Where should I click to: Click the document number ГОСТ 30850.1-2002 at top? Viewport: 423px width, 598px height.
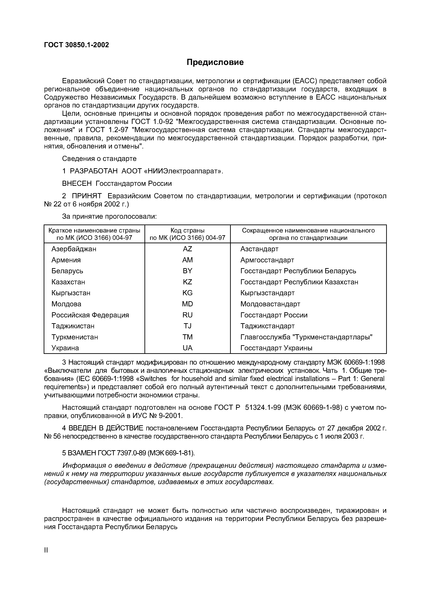pyautogui.click(x=76, y=45)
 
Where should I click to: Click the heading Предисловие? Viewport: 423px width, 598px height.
pyautogui.click(x=215, y=62)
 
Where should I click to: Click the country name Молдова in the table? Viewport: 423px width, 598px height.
pyautogui.click(x=66, y=304)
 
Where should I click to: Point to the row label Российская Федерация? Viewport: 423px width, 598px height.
pyautogui.click(x=90, y=315)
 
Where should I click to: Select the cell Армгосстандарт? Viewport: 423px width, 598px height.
pyautogui.click(x=267, y=260)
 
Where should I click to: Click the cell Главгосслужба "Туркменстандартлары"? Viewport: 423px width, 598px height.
pyautogui.click(x=306, y=337)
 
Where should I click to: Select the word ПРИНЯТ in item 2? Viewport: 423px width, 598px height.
pyautogui.click(x=87, y=196)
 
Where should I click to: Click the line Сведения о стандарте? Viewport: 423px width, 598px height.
pyautogui.click(x=99, y=159)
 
